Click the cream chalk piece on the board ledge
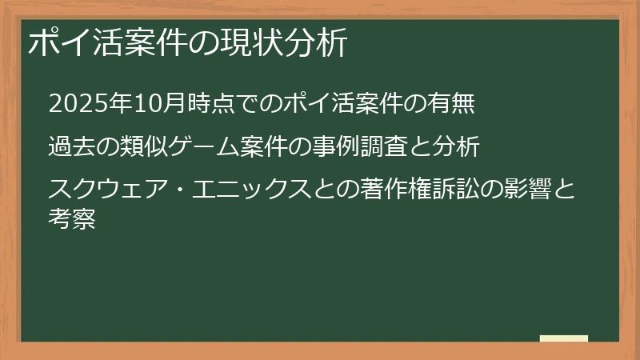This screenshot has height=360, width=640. click(x=563, y=338)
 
